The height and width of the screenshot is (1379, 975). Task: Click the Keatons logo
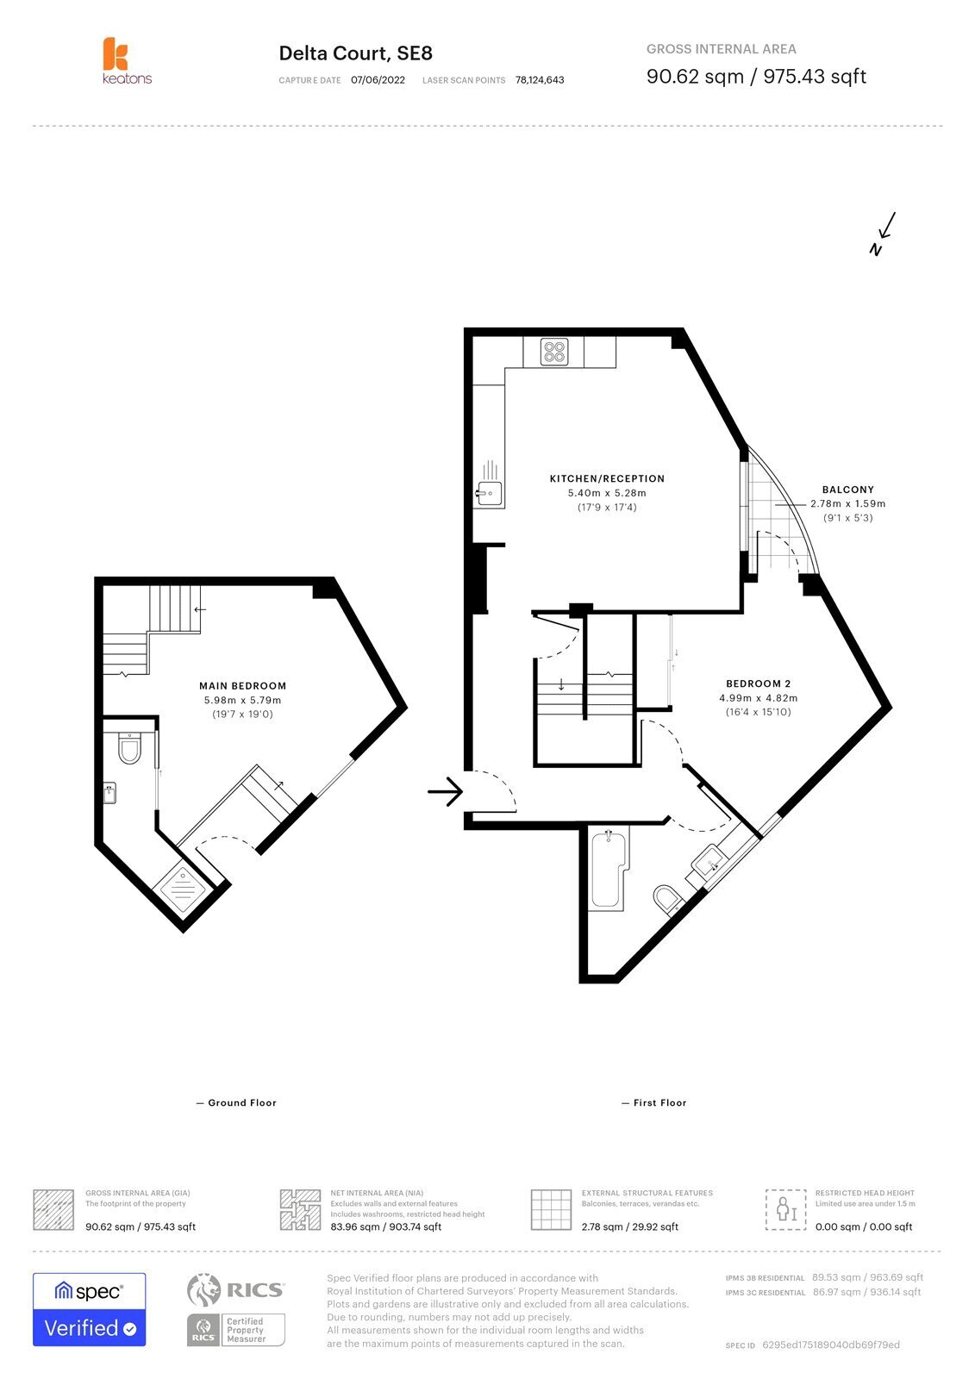127,60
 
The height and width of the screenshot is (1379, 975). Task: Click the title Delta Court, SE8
355,53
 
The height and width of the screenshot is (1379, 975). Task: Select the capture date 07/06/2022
378,80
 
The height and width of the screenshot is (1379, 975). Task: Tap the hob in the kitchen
553,352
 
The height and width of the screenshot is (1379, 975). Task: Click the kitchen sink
490,493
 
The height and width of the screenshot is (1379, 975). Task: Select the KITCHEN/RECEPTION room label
607,478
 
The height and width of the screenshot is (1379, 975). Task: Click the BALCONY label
847,490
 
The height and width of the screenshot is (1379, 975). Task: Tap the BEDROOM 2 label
758,683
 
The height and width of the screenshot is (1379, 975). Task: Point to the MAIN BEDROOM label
242,686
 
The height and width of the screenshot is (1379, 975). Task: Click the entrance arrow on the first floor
445,791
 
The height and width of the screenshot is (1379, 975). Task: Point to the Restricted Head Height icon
785,1209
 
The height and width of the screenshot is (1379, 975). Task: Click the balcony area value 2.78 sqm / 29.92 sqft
629,1226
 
